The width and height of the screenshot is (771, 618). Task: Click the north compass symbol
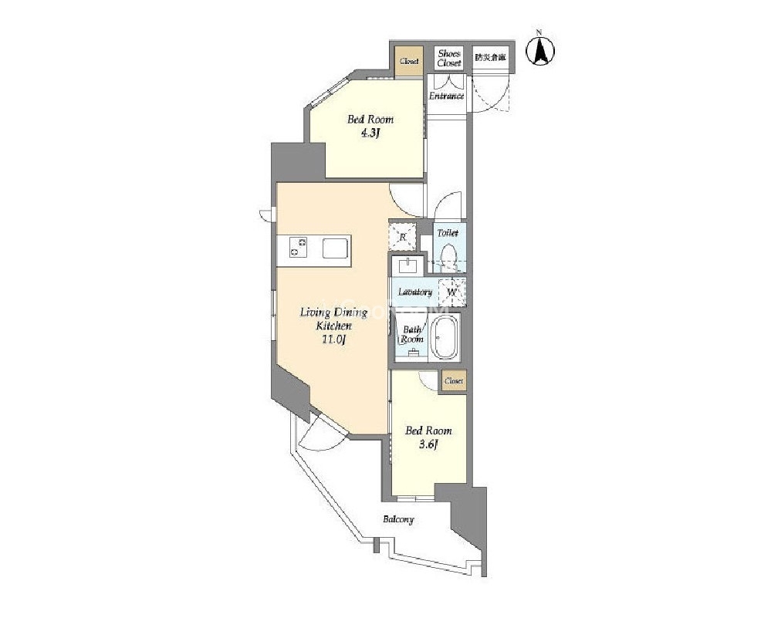tap(541, 50)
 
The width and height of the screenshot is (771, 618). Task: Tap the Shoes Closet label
tap(448, 58)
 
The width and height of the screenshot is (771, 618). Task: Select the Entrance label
tap(446, 96)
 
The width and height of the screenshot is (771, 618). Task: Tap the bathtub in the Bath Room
tap(445, 336)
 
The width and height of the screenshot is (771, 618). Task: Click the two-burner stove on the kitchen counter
tap(298, 248)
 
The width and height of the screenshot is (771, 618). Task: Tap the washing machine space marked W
tap(453, 292)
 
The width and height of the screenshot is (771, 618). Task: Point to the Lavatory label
tap(414, 292)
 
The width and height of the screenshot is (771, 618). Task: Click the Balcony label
tap(398, 519)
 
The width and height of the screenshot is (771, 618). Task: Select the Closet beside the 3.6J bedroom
tap(453, 381)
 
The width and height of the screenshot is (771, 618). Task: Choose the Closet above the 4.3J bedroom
tap(409, 61)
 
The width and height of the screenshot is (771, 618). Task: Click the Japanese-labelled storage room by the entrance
tap(490, 58)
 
